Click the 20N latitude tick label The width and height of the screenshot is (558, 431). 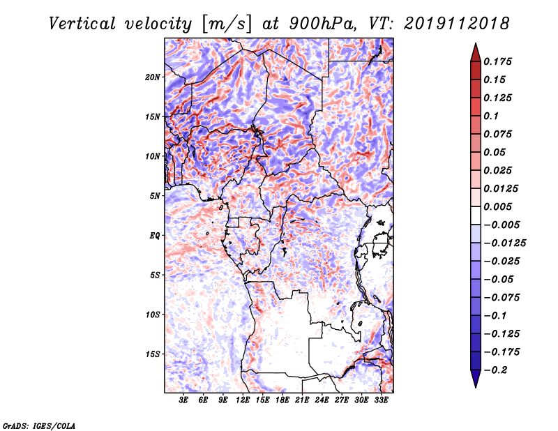pyautogui.click(x=153, y=77)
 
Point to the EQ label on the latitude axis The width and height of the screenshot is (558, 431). pyautogui.click(x=155, y=236)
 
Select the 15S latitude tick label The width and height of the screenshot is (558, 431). pyautogui.click(x=153, y=354)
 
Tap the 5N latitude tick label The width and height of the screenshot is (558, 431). pyautogui.click(x=155, y=196)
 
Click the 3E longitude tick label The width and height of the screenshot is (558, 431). pyautogui.click(x=184, y=400)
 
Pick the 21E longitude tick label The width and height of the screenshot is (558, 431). pyautogui.click(x=302, y=400)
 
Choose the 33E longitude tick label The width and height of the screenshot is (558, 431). pyautogui.click(x=381, y=400)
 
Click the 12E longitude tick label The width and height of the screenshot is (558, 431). pyautogui.click(x=243, y=400)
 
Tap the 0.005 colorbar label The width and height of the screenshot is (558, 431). pyautogui.click(x=500, y=207)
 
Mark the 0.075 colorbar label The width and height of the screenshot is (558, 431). pyautogui.click(x=500, y=134)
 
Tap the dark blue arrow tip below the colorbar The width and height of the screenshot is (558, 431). pyautogui.click(x=475, y=383)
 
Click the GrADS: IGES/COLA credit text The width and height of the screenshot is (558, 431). pyautogui.click(x=38, y=425)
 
